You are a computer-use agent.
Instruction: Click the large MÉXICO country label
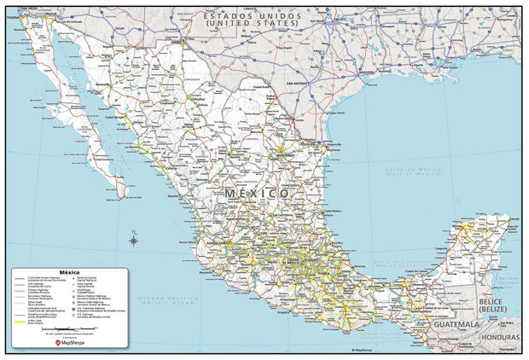(x=258, y=194)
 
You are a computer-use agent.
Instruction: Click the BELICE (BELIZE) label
(x=496, y=305)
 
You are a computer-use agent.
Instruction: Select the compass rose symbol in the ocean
(x=134, y=241)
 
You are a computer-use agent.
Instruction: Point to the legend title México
(x=70, y=271)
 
